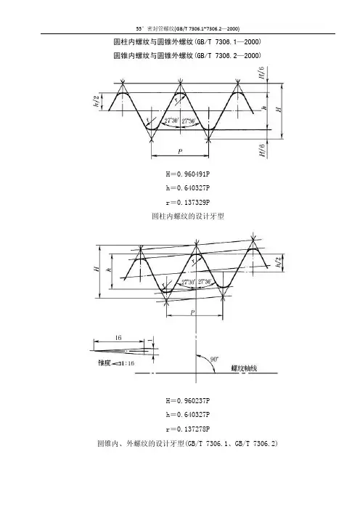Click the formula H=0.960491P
click(x=188, y=174)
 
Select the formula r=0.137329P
click(x=188, y=202)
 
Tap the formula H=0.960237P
click(x=188, y=401)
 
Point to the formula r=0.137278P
click(x=188, y=429)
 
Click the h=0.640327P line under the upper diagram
click(x=188, y=188)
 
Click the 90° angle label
click(x=214, y=359)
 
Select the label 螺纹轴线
click(x=244, y=368)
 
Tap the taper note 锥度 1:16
click(x=116, y=363)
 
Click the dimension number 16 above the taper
click(x=118, y=338)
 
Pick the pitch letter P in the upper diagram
click(x=180, y=151)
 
